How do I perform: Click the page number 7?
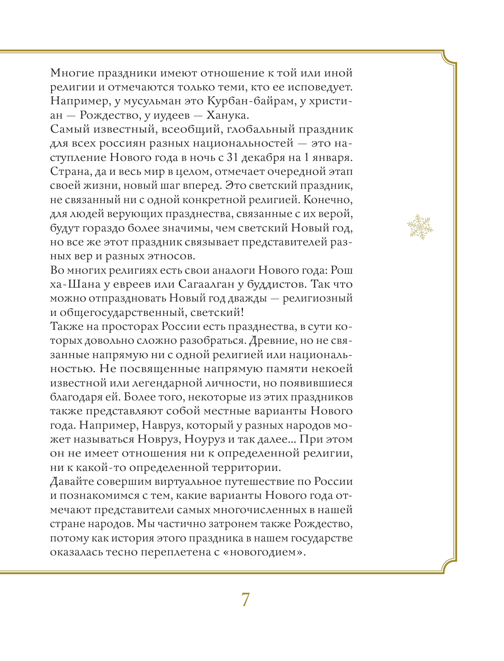(245, 600)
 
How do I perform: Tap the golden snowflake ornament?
(420, 227)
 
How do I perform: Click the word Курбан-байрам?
(248, 101)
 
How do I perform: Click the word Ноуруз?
(210, 439)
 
